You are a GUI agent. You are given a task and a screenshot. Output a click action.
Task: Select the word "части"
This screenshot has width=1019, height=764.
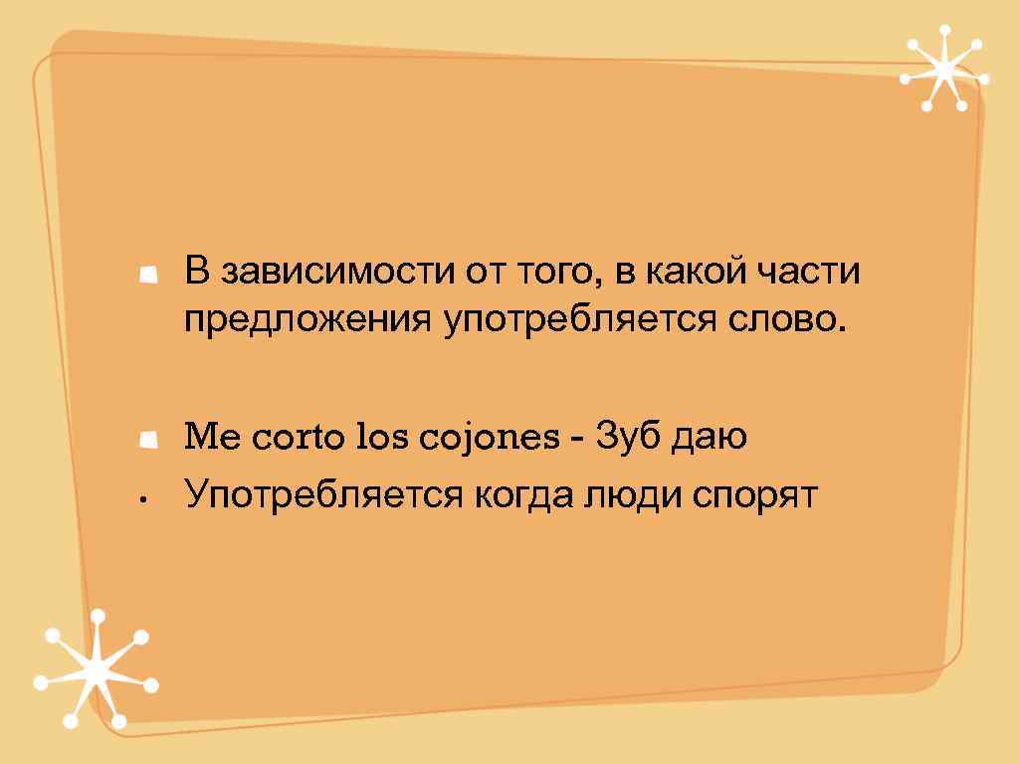pyautogui.click(x=815, y=273)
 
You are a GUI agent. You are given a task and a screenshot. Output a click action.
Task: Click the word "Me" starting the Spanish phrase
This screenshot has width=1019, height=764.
pyautogui.click(x=207, y=438)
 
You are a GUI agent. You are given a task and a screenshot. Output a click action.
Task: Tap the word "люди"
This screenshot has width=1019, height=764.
pyautogui.click(x=634, y=494)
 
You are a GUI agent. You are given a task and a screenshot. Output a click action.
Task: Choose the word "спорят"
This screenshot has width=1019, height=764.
pyautogui.click(x=757, y=495)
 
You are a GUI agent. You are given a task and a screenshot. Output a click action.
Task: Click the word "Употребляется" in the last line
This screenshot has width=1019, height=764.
pyautogui.click(x=320, y=494)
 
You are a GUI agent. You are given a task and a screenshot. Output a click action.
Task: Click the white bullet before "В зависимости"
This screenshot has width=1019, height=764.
pyautogui.click(x=149, y=275)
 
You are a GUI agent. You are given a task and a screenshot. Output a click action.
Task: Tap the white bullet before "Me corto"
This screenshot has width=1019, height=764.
pyautogui.click(x=149, y=440)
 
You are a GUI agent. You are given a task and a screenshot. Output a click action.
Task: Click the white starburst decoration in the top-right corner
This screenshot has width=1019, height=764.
pyautogui.click(x=941, y=69)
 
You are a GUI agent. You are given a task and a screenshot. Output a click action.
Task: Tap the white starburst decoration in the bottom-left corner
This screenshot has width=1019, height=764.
pyautogui.click(x=97, y=671)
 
